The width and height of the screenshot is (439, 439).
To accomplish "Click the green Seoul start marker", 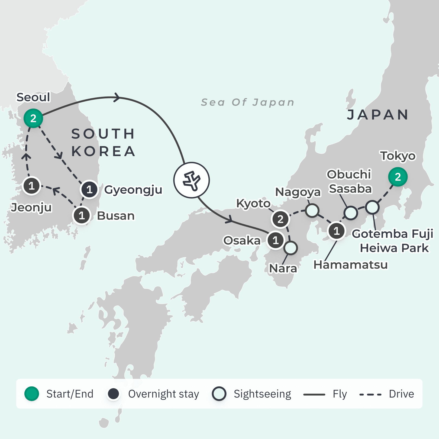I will coord(33,118).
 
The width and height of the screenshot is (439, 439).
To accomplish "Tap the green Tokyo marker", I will coord(398,177).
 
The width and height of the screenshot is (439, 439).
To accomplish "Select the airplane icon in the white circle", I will coord(192,180).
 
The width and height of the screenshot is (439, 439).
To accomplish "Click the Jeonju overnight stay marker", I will coord(31,186).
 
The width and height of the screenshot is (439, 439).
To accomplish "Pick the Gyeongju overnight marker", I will coord(89,189).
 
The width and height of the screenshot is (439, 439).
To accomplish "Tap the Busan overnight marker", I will coord(82,216).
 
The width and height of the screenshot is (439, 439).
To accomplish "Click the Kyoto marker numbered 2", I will coord(280,219).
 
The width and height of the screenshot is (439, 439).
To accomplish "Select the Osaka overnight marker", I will coord(276,240).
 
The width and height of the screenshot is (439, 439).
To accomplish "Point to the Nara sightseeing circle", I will coord(291,248).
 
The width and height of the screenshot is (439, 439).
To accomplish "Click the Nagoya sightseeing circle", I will coord(312,211).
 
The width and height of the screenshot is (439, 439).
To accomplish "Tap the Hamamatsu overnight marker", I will coord(337,231).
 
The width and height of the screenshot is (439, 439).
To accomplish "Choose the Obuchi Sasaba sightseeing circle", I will coord(351,213).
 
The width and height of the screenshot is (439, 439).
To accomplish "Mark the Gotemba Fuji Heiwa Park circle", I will coord(372,207).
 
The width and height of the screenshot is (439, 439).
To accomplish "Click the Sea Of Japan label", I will coord(248,102).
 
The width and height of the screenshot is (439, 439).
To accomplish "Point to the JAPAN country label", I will coord(378,115).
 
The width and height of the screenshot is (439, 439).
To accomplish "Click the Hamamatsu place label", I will coord(350,265).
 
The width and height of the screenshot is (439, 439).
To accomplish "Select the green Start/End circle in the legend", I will coord(32,394).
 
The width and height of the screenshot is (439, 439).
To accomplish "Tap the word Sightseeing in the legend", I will coord(262,394).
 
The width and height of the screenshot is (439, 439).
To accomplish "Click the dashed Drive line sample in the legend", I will coord(370,395).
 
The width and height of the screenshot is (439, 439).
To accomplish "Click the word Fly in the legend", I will coord(340,394).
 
